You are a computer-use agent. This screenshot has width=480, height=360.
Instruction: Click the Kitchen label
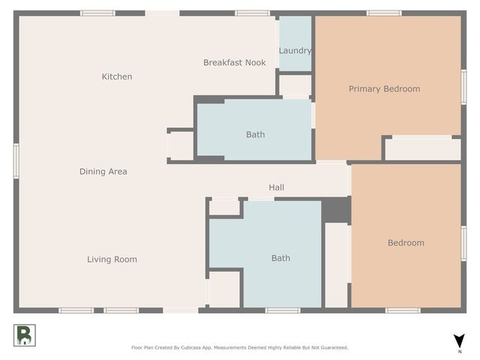(x=117, y=76)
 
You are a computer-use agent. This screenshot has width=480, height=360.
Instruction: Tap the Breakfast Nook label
(x=235, y=62)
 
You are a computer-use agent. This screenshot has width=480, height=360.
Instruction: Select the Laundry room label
(x=295, y=51)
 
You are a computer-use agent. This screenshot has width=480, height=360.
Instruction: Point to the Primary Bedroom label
(x=385, y=89)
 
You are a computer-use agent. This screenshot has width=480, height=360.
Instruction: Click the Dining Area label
(x=103, y=172)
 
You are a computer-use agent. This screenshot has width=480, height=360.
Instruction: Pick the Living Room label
(x=112, y=259)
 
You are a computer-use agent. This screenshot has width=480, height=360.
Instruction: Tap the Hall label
(x=277, y=187)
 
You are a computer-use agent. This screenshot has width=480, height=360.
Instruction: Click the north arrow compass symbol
(x=459, y=341)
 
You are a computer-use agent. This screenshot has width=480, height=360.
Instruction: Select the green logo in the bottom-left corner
(x=25, y=335)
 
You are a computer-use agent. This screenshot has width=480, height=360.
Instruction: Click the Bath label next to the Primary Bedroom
(x=256, y=135)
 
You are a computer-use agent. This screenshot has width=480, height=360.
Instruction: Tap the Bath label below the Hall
(x=281, y=258)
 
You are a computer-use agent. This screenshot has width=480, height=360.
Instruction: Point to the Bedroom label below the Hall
(x=406, y=243)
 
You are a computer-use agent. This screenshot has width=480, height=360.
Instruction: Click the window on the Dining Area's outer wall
(x=16, y=161)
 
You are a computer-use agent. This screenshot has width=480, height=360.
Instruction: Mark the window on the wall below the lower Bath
(x=283, y=310)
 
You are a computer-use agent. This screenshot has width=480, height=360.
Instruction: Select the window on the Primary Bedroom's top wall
(x=384, y=13)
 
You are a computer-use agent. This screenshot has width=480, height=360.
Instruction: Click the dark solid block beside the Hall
(x=337, y=210)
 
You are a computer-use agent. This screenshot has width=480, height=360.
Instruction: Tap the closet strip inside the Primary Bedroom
(x=423, y=149)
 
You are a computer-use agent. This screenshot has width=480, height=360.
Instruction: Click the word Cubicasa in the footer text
(x=191, y=348)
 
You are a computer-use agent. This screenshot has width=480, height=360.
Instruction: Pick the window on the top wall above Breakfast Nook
(x=253, y=13)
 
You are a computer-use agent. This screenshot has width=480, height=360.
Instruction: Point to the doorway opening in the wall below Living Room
(x=181, y=310)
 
